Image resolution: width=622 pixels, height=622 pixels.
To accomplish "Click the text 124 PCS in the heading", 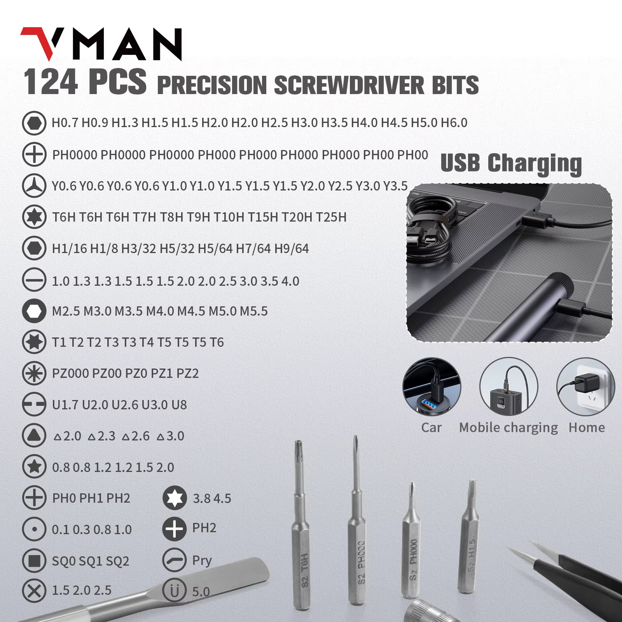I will [85, 82].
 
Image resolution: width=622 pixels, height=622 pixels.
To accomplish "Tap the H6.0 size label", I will [454, 123].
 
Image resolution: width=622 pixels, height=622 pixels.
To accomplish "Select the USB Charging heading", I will [511, 163].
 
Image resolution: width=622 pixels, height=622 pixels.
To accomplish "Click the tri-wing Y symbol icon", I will [34, 186].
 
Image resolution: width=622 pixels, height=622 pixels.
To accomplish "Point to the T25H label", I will [331, 217].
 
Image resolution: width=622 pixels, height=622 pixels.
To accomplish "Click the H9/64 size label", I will [291, 248].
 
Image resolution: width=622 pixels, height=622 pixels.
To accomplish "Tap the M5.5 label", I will [253, 311].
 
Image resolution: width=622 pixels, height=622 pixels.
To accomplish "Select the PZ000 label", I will [70, 374].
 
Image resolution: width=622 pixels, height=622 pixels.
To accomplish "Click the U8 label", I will [179, 405].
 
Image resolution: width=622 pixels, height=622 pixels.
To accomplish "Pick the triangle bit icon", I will [34, 436].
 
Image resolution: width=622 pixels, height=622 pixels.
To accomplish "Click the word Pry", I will [202, 561].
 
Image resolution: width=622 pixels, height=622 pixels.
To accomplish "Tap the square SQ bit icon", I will [34, 561].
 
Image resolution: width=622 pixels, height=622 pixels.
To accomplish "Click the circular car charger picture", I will [432, 387].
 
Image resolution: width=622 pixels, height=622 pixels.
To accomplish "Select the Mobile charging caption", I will [508, 428].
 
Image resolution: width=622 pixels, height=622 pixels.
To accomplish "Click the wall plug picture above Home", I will [585, 387].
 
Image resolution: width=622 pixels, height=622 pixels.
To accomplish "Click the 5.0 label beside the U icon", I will [201, 592].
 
